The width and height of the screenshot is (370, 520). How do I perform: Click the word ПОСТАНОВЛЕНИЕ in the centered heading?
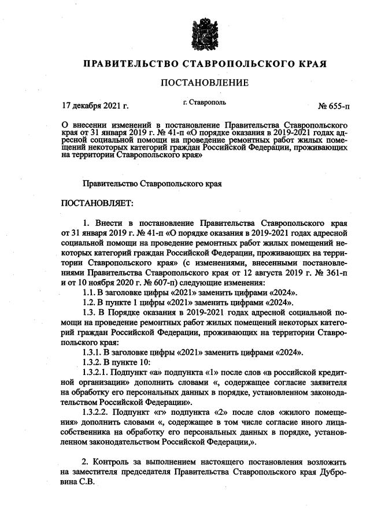[204, 83]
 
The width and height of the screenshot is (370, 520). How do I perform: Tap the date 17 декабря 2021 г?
[95, 106]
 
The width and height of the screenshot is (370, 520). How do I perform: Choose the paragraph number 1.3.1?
[94, 352]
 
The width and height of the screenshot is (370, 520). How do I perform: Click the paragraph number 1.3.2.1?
[98, 372]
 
